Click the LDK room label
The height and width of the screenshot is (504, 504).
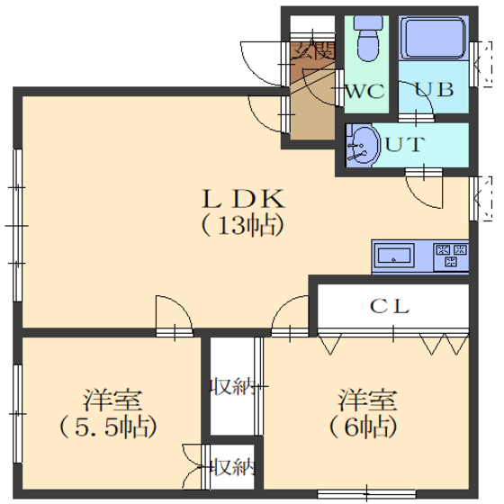point(243,199)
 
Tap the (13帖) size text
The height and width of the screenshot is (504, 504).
point(243,225)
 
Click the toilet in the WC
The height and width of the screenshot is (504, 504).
point(368,39)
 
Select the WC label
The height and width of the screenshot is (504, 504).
point(364,91)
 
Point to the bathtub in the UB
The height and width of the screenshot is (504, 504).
point(434,38)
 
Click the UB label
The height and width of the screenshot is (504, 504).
point(434,89)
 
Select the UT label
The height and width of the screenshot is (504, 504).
point(405,145)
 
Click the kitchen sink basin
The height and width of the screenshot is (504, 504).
point(394,256)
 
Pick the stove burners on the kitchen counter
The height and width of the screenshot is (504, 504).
point(451,256)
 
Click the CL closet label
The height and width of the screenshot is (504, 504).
point(390,306)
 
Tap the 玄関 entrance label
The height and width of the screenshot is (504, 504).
point(314,51)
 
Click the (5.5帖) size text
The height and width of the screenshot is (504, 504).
point(108,427)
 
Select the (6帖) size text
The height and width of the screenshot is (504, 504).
point(364,427)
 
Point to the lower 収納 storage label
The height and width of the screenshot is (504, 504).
point(233,467)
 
